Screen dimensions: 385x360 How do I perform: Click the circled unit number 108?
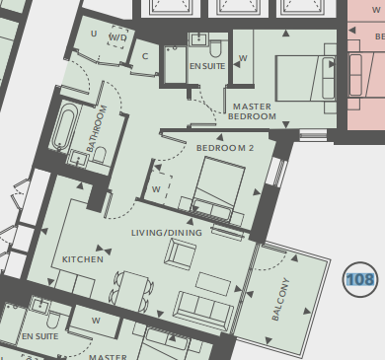point(360,280)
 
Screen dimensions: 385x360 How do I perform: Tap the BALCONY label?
point(280,299)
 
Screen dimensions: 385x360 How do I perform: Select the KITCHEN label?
point(83,259)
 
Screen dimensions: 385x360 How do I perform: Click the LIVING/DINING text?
point(167,233)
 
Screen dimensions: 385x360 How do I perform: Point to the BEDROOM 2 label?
point(225,148)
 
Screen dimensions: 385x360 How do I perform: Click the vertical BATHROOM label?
point(98,128)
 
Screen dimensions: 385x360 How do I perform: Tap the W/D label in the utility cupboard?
point(117,37)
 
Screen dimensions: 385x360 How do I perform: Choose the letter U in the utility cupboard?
point(94,34)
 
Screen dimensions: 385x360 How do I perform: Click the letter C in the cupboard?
point(145,56)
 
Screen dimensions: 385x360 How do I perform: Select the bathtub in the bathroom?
point(63,126)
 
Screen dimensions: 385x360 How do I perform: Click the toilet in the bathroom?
point(100,155)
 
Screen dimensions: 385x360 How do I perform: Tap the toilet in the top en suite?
point(216,48)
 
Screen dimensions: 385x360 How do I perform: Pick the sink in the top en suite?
point(198,39)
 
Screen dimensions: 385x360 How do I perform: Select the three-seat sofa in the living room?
point(203,310)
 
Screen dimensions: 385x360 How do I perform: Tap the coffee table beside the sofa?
point(213,284)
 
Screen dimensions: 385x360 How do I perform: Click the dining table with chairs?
point(131,289)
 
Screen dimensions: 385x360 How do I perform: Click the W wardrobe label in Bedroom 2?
point(156,189)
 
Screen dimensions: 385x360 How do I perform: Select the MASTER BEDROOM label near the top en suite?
point(252,111)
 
